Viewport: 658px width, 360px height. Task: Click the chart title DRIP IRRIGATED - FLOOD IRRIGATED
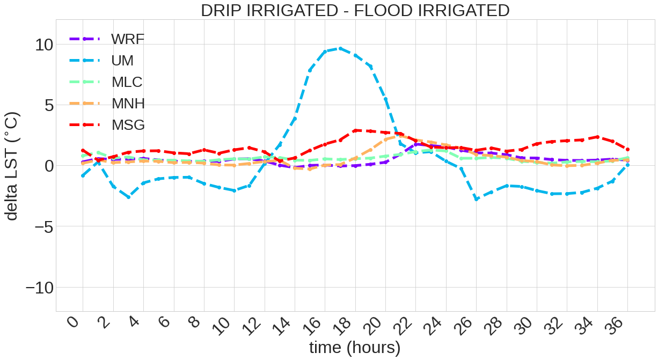[355, 10]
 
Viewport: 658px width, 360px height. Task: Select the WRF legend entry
[128, 39]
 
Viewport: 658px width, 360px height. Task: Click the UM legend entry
[122, 61]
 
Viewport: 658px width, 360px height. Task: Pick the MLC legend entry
[127, 82]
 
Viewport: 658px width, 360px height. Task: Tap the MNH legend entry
[128, 104]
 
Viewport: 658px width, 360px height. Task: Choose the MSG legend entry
[128, 125]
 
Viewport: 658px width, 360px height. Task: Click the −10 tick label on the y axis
[39, 288]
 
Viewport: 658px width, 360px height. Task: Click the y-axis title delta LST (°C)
[12, 166]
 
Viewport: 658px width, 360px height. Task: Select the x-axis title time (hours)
[355, 348]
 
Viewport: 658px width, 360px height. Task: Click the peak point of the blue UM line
[340, 48]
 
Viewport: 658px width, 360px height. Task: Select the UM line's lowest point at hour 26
[476, 199]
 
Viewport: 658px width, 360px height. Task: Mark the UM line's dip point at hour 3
[128, 197]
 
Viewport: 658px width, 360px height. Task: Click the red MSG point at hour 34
[597, 137]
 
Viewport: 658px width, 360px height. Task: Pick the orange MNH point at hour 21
[400, 136]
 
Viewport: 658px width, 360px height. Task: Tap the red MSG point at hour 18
[355, 130]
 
